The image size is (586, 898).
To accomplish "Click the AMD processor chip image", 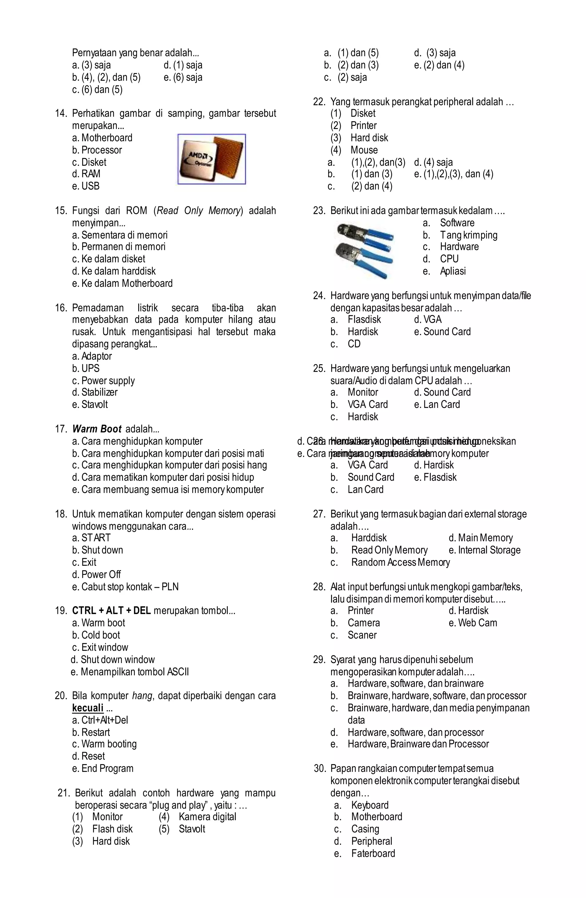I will pos(211,159).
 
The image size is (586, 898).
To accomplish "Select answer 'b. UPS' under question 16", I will pos(86,368).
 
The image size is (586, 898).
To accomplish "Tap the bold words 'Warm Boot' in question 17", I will pos(97,429).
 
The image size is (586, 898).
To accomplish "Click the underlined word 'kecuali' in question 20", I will pos(88,708).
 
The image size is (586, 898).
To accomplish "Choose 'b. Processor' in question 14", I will pos(97,150).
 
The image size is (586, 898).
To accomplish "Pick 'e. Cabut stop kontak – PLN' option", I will pos(125,587).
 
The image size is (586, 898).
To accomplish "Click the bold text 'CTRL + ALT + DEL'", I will pos(111,611).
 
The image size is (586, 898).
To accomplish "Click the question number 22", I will pos(319,102).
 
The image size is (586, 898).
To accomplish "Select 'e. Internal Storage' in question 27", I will pos(484,550).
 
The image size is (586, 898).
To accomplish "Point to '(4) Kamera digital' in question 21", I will pos(197,817).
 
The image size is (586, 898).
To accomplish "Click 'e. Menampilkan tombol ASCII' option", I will pos(130,672).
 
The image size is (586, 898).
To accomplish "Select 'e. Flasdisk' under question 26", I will pos(435,477).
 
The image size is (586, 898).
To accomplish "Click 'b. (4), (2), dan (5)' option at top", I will pos(106,77).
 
